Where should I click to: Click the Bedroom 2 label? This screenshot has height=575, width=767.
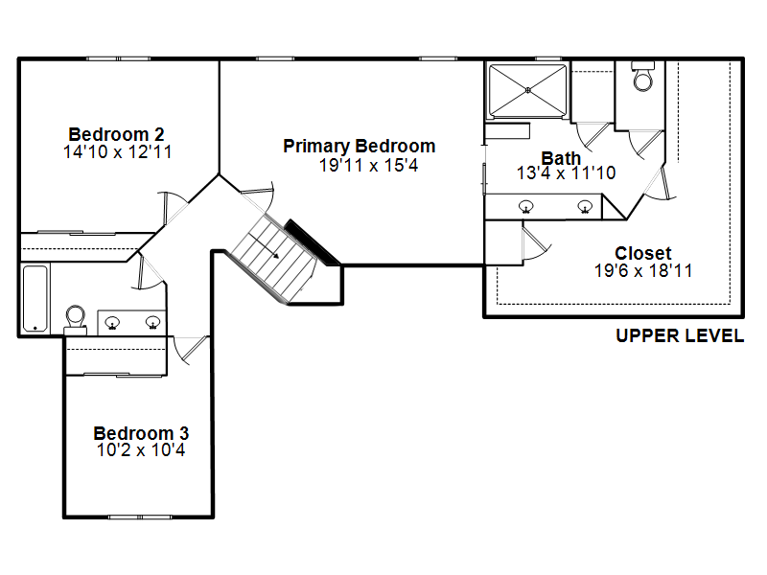[x=116, y=134]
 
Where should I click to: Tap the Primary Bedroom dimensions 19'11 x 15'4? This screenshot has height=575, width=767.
[x=369, y=165]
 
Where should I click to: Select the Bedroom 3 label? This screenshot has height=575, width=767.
[x=141, y=433]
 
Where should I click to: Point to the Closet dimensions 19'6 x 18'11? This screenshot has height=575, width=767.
[x=643, y=271]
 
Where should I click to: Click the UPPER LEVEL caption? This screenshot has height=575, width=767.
[x=680, y=336]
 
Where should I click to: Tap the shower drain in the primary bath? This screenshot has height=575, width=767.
[x=528, y=90]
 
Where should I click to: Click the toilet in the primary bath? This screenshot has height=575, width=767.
[x=642, y=77]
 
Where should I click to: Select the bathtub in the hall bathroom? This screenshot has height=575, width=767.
[x=35, y=298]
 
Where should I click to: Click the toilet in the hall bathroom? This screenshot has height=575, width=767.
[x=76, y=320]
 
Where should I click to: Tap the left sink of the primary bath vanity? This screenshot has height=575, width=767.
[x=525, y=207]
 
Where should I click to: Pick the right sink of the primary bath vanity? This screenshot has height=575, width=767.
[x=585, y=207]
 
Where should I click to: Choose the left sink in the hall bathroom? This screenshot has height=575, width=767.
[x=112, y=323]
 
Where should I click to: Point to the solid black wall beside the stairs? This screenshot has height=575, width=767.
[x=313, y=242]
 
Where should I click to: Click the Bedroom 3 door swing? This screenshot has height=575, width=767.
[x=192, y=350]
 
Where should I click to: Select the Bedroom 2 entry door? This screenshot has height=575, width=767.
[x=174, y=208]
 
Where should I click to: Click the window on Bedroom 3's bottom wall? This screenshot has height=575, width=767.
[x=140, y=517]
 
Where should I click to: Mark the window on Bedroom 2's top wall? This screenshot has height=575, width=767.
[x=118, y=58]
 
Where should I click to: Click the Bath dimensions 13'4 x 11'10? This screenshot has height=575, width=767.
[x=566, y=173]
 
